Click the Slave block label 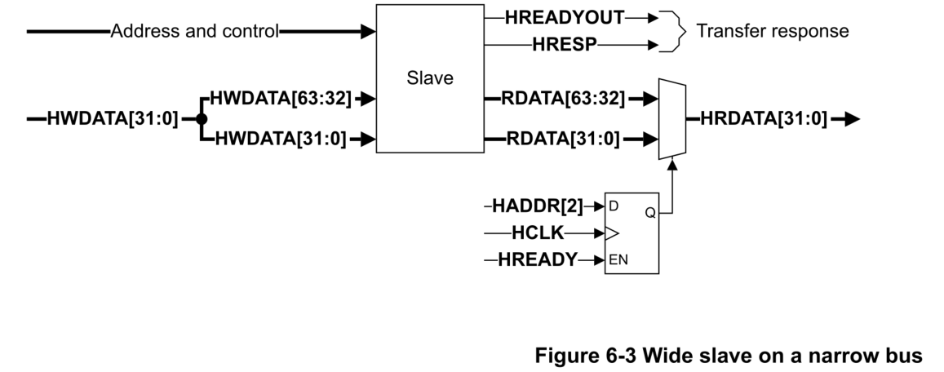pyautogui.click(x=429, y=79)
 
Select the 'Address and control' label pyautogui.click(x=194, y=32)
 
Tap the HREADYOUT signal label pyautogui.click(x=565, y=15)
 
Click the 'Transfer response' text pyautogui.click(x=772, y=32)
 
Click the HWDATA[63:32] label pyautogui.click(x=281, y=99)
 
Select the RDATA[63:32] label pyautogui.click(x=565, y=99)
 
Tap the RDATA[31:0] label pyautogui.click(x=562, y=138)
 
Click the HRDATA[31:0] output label pyautogui.click(x=764, y=119)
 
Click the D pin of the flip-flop pyautogui.click(x=614, y=206)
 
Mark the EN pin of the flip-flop pyautogui.click(x=619, y=260)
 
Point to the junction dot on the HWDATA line pyautogui.click(x=200, y=119)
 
